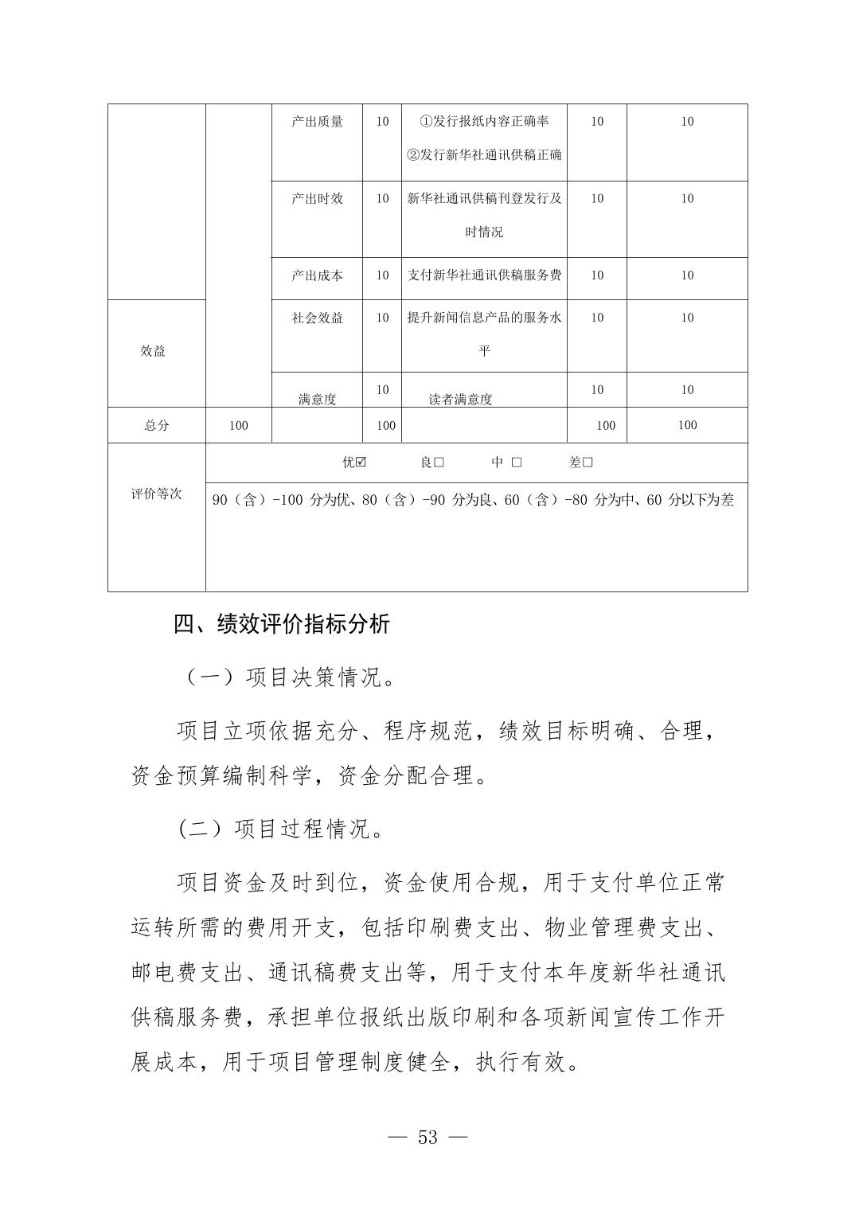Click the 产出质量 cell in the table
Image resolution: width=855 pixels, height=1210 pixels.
coord(317,122)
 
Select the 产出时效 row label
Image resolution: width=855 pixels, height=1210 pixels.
coord(317,199)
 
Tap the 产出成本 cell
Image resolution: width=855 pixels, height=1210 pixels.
coord(317,275)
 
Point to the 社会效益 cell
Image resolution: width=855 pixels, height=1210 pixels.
coord(317,318)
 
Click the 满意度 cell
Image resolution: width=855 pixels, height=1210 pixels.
coord(317,399)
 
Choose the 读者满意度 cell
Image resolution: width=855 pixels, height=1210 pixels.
coord(460,399)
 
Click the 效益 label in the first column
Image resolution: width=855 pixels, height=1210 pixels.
coord(153,351)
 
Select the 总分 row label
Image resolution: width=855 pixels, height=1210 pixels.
coord(157,425)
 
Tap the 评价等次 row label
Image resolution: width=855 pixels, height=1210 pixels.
coord(157,494)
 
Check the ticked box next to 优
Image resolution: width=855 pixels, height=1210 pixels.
coord(361,463)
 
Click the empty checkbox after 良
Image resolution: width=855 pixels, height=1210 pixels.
coord(439,463)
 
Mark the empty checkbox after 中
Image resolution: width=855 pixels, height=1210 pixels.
coord(517,463)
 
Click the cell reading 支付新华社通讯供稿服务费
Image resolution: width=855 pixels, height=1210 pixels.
coord(484,275)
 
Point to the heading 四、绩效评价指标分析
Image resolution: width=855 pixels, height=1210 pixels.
coord(282,624)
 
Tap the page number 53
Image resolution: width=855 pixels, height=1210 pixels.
coord(427,1138)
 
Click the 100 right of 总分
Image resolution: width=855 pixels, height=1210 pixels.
coord(238,425)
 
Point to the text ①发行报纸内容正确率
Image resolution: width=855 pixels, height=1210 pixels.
coord(484,122)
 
